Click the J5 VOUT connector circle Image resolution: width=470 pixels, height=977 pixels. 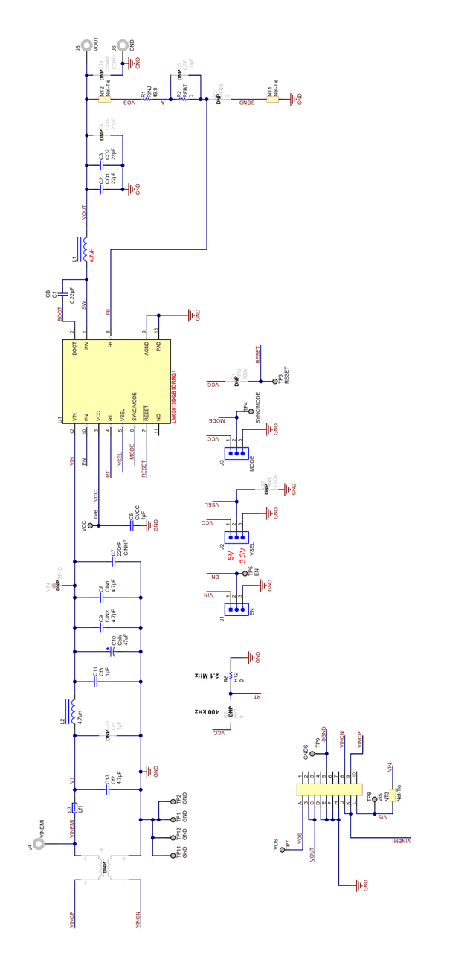point(87,45)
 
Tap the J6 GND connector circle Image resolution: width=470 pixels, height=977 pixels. point(123,45)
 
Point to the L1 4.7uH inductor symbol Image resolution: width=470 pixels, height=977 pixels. point(84,249)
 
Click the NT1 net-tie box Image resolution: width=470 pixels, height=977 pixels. point(273,97)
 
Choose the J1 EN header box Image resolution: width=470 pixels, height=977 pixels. point(238,611)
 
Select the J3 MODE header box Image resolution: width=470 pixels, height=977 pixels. point(238,453)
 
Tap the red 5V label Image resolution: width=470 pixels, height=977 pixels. point(231,556)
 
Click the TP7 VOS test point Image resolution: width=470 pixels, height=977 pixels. point(282,849)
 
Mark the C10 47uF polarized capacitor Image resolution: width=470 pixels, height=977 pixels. point(109,651)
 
